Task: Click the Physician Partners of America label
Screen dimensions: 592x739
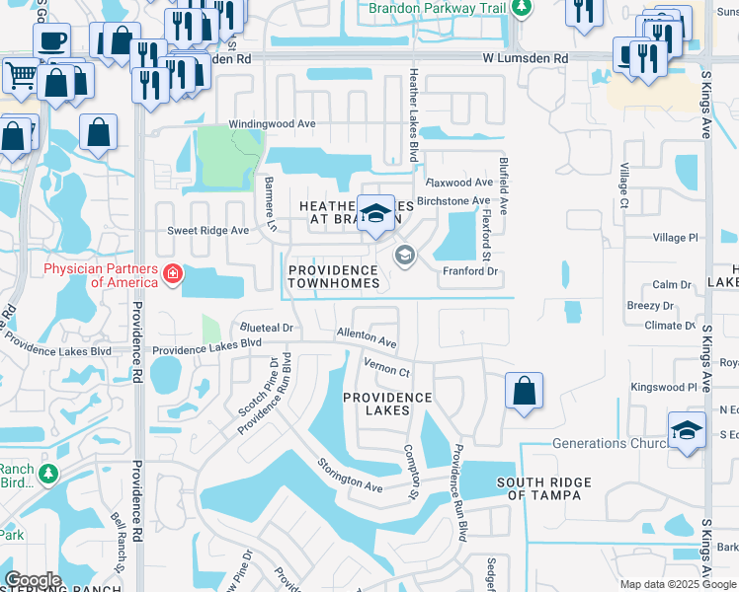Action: (x=96, y=275)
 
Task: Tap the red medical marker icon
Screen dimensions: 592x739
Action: (x=173, y=273)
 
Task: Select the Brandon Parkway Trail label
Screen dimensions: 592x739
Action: (x=438, y=9)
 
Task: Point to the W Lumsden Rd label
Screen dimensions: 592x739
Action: (x=526, y=59)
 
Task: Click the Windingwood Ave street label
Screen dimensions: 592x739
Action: (x=272, y=124)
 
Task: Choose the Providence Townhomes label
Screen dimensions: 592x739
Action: (x=333, y=276)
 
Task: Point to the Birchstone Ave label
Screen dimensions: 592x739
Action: (x=453, y=200)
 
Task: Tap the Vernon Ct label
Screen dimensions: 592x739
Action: (x=386, y=369)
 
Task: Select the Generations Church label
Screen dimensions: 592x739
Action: (x=612, y=443)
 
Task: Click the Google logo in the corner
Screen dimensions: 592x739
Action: (x=33, y=580)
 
